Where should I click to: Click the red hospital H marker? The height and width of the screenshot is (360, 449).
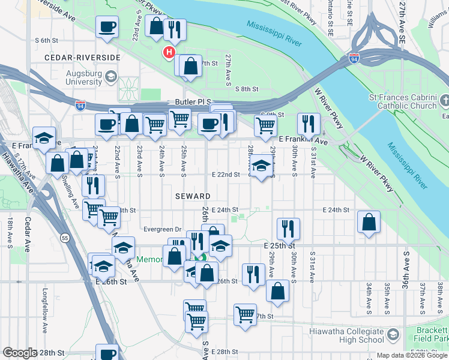169,53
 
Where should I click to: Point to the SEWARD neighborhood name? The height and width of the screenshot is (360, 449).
193,196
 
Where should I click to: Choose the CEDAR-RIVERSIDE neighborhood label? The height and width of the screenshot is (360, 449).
82,58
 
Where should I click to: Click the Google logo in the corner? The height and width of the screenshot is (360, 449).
19,353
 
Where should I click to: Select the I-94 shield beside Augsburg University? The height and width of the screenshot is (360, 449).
80,106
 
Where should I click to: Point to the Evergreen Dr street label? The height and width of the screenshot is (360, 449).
162,229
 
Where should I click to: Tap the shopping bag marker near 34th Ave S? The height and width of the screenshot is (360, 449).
369,221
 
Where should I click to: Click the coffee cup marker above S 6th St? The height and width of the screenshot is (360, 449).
107,26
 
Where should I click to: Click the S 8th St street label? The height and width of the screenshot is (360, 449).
246,89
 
